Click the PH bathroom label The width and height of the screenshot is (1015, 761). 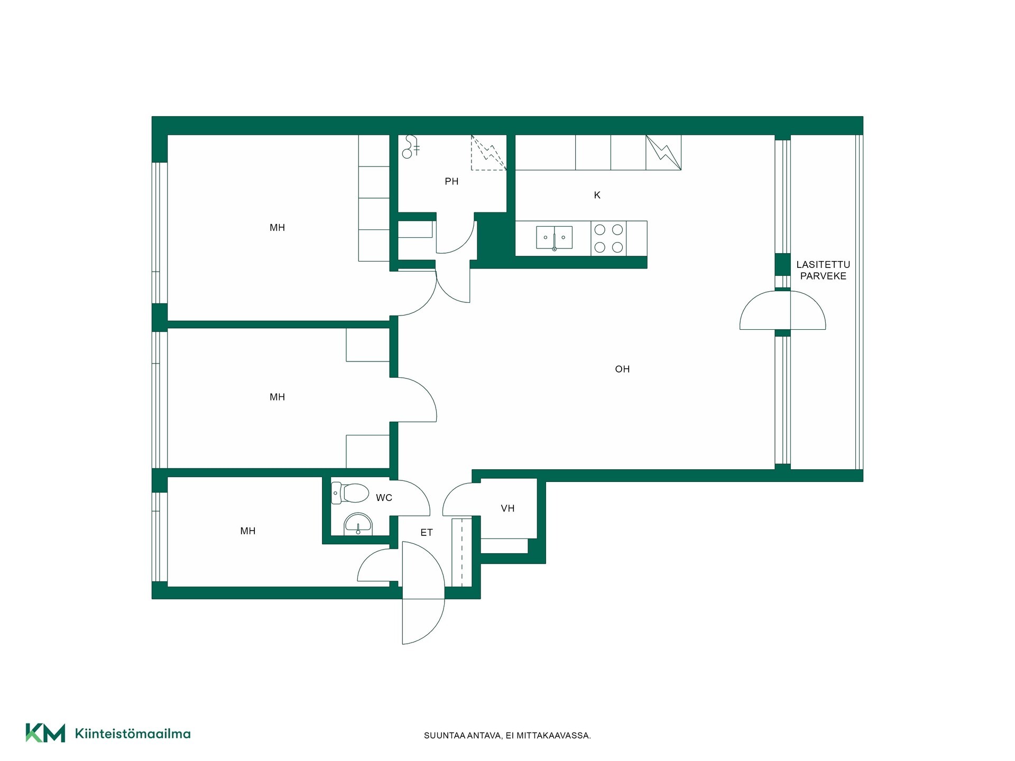(x=451, y=182)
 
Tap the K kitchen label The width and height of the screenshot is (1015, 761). (x=597, y=196)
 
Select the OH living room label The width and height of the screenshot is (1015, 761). (x=622, y=369)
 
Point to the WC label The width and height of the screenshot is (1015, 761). (x=384, y=498)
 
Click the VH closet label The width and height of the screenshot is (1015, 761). (x=508, y=508)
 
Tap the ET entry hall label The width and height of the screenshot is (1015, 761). (x=427, y=533)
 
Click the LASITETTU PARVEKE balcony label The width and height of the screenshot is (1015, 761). (x=823, y=270)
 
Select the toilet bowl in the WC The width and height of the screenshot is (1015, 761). (x=350, y=493)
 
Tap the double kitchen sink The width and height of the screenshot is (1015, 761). (x=554, y=238)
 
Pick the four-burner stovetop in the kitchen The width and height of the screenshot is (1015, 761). (x=608, y=238)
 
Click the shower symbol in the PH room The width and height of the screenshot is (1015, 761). (x=411, y=147)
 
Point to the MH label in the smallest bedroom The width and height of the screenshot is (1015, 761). (x=248, y=531)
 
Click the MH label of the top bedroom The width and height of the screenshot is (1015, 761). (x=277, y=228)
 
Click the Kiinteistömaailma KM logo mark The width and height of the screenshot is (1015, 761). (x=45, y=733)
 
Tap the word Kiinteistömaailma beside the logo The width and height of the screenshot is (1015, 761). (x=133, y=734)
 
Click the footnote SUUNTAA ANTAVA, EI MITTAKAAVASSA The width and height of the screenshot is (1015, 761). (x=508, y=736)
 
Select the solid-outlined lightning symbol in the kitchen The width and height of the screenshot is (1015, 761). (x=663, y=153)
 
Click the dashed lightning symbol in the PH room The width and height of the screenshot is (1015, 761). (x=489, y=153)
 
